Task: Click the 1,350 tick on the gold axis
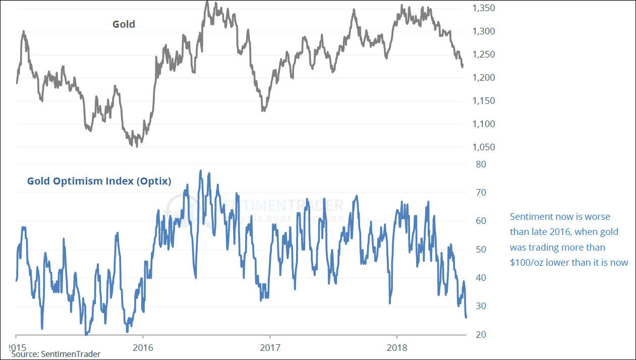pos(483,8)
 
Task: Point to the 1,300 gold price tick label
pos(483,31)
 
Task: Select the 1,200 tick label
pos(483,78)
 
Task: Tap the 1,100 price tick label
pos(483,124)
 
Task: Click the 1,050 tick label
pos(483,147)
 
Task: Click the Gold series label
pos(124,24)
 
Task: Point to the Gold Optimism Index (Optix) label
pos(99,181)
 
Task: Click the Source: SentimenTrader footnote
pos(55,354)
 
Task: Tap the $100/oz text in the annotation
pos(527,262)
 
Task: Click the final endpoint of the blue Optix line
pos(466,316)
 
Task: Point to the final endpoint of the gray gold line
pos(462,66)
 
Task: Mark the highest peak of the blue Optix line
pos(201,170)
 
